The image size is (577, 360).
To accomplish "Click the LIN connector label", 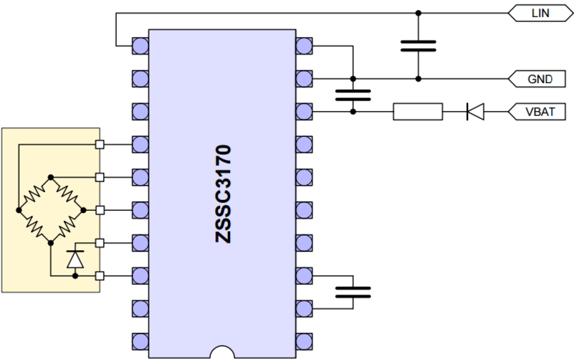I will point(540,13).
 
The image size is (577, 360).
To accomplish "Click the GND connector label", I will point(540,79).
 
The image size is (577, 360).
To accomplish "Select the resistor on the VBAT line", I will point(418,112).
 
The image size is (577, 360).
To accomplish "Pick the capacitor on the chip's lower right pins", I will point(352,292).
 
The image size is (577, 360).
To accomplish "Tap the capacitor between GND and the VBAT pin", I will point(352,95).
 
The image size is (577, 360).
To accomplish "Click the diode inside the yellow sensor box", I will point(75,259).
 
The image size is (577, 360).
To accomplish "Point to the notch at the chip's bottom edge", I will point(222,353).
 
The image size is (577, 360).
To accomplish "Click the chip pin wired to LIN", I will point(140,46).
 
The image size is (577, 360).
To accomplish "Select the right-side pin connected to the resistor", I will point(304,112).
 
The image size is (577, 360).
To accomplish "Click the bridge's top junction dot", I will point(51,177).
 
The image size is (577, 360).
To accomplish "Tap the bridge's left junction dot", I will point(18,210).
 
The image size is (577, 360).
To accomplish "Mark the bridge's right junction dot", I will point(83,210).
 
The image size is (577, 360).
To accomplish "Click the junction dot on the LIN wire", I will point(418,13).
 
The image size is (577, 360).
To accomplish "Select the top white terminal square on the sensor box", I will point(99,145).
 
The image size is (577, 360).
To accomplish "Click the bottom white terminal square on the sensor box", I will point(99,276).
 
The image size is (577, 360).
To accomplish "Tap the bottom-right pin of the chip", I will point(304,342).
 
